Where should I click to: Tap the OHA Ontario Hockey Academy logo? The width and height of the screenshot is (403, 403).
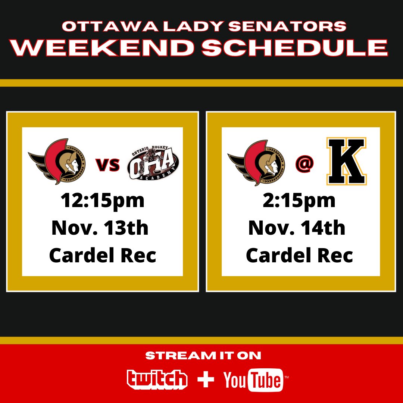(x=153, y=164)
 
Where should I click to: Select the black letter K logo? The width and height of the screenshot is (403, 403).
(x=346, y=162)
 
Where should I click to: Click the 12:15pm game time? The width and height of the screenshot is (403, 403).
(x=103, y=201)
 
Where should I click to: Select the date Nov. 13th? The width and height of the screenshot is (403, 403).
(x=100, y=228)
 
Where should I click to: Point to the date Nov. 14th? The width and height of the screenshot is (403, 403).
(x=297, y=228)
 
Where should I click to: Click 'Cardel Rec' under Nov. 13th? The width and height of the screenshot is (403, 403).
(x=103, y=256)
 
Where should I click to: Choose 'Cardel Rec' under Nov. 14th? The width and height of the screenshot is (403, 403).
(x=300, y=256)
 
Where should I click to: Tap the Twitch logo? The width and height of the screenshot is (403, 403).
(x=157, y=379)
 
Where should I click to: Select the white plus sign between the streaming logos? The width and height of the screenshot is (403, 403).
(x=206, y=379)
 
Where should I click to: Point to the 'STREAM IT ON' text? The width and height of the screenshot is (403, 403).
(x=203, y=356)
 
